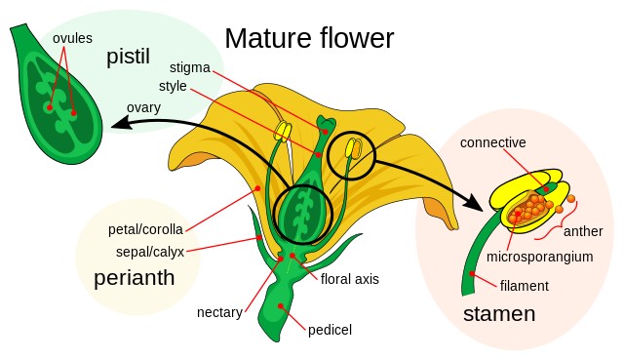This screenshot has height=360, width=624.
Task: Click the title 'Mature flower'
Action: click(309, 38)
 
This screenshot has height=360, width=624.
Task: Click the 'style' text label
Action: click(173, 86)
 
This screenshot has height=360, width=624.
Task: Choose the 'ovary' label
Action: click(144, 106)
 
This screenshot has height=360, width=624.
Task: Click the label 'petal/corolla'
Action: click(146, 231)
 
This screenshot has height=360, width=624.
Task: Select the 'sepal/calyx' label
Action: click(149, 252)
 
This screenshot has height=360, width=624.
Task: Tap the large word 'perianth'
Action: click(134, 278)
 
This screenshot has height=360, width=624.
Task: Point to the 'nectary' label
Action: click(220, 312)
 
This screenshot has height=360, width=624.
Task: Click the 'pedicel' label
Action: click(330, 330)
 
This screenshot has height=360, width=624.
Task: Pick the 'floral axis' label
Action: click(349, 279)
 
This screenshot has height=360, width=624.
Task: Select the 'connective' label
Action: click(492, 142)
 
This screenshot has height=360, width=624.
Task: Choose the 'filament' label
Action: click(525, 286)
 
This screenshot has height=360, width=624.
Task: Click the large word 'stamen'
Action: click(499, 313)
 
